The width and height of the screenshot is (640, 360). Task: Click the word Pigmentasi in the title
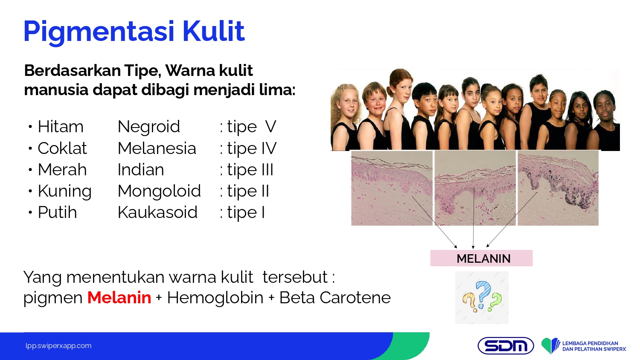[99, 32]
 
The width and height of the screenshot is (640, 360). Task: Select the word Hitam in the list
[61, 127]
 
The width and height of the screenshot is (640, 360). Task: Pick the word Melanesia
[157, 148]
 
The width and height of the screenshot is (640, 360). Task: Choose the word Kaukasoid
[158, 212]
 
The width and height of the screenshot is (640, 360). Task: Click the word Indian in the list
[141, 170]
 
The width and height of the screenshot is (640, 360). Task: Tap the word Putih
[58, 212]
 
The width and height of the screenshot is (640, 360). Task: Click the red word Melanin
[119, 297]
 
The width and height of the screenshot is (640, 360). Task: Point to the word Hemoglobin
[215, 297]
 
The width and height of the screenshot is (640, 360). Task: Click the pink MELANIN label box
[481, 258]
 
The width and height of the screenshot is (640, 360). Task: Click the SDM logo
[506, 346]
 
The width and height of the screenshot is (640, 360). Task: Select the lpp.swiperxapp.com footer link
[58, 346]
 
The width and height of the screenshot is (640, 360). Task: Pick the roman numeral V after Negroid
[271, 127]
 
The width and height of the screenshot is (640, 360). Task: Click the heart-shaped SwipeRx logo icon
[550, 346]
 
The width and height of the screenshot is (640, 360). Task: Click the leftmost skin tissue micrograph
[392, 188]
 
